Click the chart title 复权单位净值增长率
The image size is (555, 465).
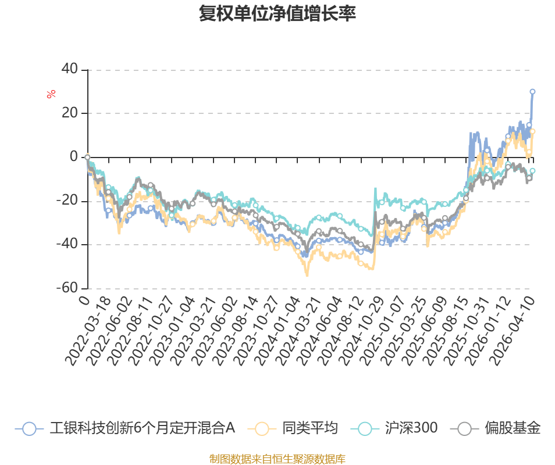click(277, 14)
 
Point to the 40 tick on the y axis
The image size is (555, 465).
click(70, 69)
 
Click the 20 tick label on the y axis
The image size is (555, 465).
click(70, 113)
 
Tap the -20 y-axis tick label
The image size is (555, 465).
click(67, 201)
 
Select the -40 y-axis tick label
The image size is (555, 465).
click(67, 244)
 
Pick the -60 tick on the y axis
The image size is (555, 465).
click(67, 288)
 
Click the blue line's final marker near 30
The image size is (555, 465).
click(532, 92)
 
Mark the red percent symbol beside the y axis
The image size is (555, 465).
click(51, 94)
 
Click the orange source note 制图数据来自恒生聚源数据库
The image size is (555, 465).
click(277, 459)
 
